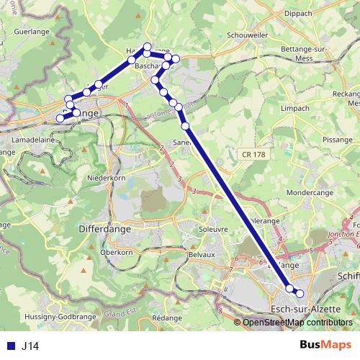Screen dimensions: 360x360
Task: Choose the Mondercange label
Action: point(311,193)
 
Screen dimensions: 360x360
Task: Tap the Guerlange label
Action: point(30,32)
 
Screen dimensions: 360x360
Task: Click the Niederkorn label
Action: point(106,177)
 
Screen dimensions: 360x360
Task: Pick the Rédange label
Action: point(167,318)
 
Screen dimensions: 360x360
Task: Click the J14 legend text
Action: point(30,346)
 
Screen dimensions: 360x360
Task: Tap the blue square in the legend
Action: point(10,346)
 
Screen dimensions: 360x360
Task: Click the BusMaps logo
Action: point(320,345)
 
